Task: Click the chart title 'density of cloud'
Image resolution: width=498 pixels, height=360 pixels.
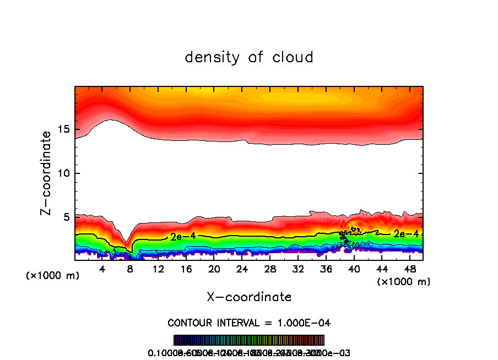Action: point(249,57)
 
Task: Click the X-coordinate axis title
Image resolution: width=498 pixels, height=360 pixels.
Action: point(249,297)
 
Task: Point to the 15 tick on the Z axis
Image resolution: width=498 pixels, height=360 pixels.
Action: point(64,130)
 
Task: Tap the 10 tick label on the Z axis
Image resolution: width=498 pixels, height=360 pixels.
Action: point(64,173)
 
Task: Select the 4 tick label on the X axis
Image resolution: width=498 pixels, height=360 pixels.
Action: point(102,269)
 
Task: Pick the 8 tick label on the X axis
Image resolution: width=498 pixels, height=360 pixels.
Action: point(131,269)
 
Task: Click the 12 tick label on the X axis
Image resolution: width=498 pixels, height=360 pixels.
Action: point(158,269)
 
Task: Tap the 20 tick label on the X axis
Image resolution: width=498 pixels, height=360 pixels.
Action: point(214,269)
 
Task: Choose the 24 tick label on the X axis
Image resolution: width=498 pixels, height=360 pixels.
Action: point(242,269)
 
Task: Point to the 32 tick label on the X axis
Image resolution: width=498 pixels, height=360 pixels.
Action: point(298,269)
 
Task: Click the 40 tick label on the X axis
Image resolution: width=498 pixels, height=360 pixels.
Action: point(354,269)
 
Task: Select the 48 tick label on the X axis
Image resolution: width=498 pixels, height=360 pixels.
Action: point(410,269)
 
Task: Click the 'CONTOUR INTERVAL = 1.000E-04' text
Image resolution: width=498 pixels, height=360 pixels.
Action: point(249,323)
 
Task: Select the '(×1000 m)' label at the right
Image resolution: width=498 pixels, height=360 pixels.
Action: point(404,282)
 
